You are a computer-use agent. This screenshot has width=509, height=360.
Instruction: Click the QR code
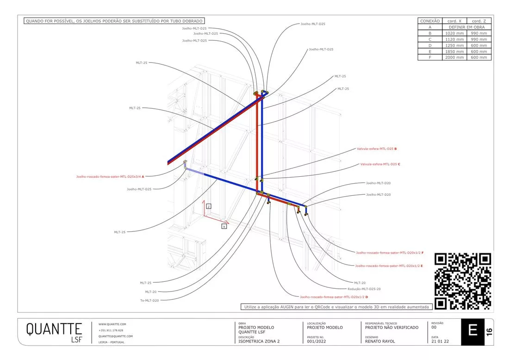point(463,281)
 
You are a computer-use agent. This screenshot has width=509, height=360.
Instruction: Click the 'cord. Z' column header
point(479,21)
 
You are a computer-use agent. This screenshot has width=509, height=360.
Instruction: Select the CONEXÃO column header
point(429,21)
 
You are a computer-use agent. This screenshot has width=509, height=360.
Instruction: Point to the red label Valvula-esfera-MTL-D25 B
point(377,149)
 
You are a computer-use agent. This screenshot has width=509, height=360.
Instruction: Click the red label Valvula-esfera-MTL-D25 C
point(380,164)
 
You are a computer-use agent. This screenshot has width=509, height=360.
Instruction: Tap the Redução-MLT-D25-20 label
point(367,289)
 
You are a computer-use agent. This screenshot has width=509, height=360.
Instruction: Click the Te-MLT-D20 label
point(149,300)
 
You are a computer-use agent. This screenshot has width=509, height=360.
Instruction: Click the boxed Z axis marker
point(209,206)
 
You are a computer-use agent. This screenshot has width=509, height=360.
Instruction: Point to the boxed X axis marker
point(224,226)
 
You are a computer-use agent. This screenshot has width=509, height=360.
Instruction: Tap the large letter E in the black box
point(472,331)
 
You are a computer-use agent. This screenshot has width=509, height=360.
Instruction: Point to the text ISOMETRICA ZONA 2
point(259,341)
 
